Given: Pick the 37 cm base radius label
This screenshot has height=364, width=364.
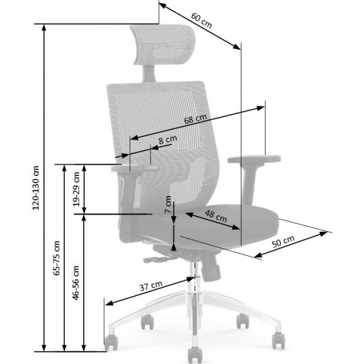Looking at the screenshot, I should (151, 285).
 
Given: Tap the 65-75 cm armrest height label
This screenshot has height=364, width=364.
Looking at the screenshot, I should (56, 258).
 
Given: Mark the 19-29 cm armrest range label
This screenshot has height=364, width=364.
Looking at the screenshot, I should (76, 188).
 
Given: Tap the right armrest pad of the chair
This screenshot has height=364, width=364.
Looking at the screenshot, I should (255, 160).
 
